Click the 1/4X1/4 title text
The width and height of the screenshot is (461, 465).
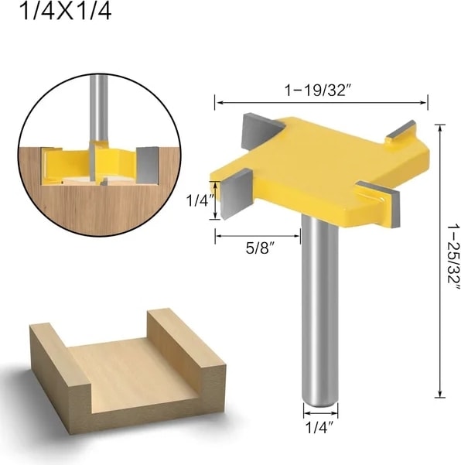(x=65, y=12)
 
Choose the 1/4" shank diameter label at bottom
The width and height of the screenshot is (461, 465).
(x=319, y=428)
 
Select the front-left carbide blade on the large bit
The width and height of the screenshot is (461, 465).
(x=236, y=193)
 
